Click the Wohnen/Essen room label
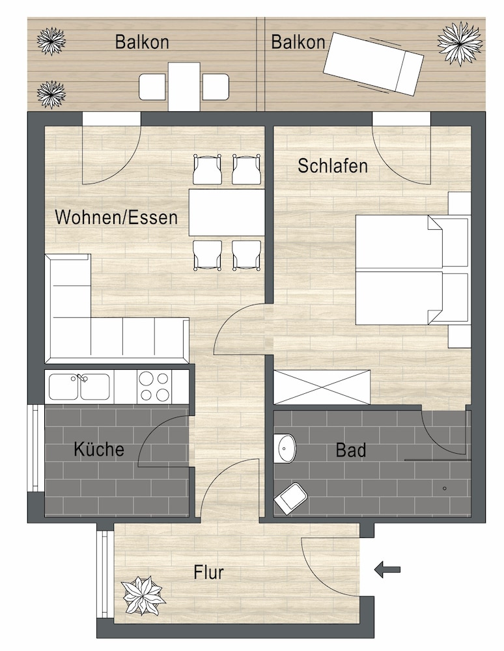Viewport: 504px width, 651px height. (x=116, y=217)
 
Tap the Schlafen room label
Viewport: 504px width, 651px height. (x=333, y=166)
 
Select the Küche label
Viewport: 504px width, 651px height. (x=98, y=449)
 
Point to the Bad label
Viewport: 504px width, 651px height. (x=351, y=450)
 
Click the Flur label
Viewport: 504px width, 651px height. (x=208, y=573)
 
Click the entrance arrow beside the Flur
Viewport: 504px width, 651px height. (x=387, y=570)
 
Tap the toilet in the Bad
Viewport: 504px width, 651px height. (x=290, y=497)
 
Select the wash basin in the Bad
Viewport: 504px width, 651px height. (x=285, y=447)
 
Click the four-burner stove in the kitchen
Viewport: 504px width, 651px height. (x=154, y=386)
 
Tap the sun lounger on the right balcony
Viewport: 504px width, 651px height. (x=372, y=62)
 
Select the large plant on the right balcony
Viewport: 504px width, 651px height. (x=460, y=43)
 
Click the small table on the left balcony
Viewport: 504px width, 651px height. (x=184, y=87)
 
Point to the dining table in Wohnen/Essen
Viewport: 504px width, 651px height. (x=227, y=212)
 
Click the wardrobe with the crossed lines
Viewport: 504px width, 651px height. (x=322, y=387)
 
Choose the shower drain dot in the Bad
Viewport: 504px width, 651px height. (x=444, y=488)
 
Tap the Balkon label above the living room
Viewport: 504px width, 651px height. (x=142, y=42)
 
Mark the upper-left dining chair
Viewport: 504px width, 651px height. (x=208, y=170)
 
